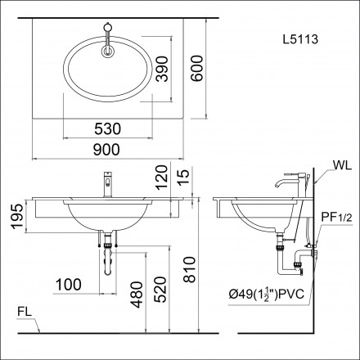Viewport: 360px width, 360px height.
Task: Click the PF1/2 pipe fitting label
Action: [335, 217]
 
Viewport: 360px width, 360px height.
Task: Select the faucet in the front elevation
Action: [106, 183]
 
